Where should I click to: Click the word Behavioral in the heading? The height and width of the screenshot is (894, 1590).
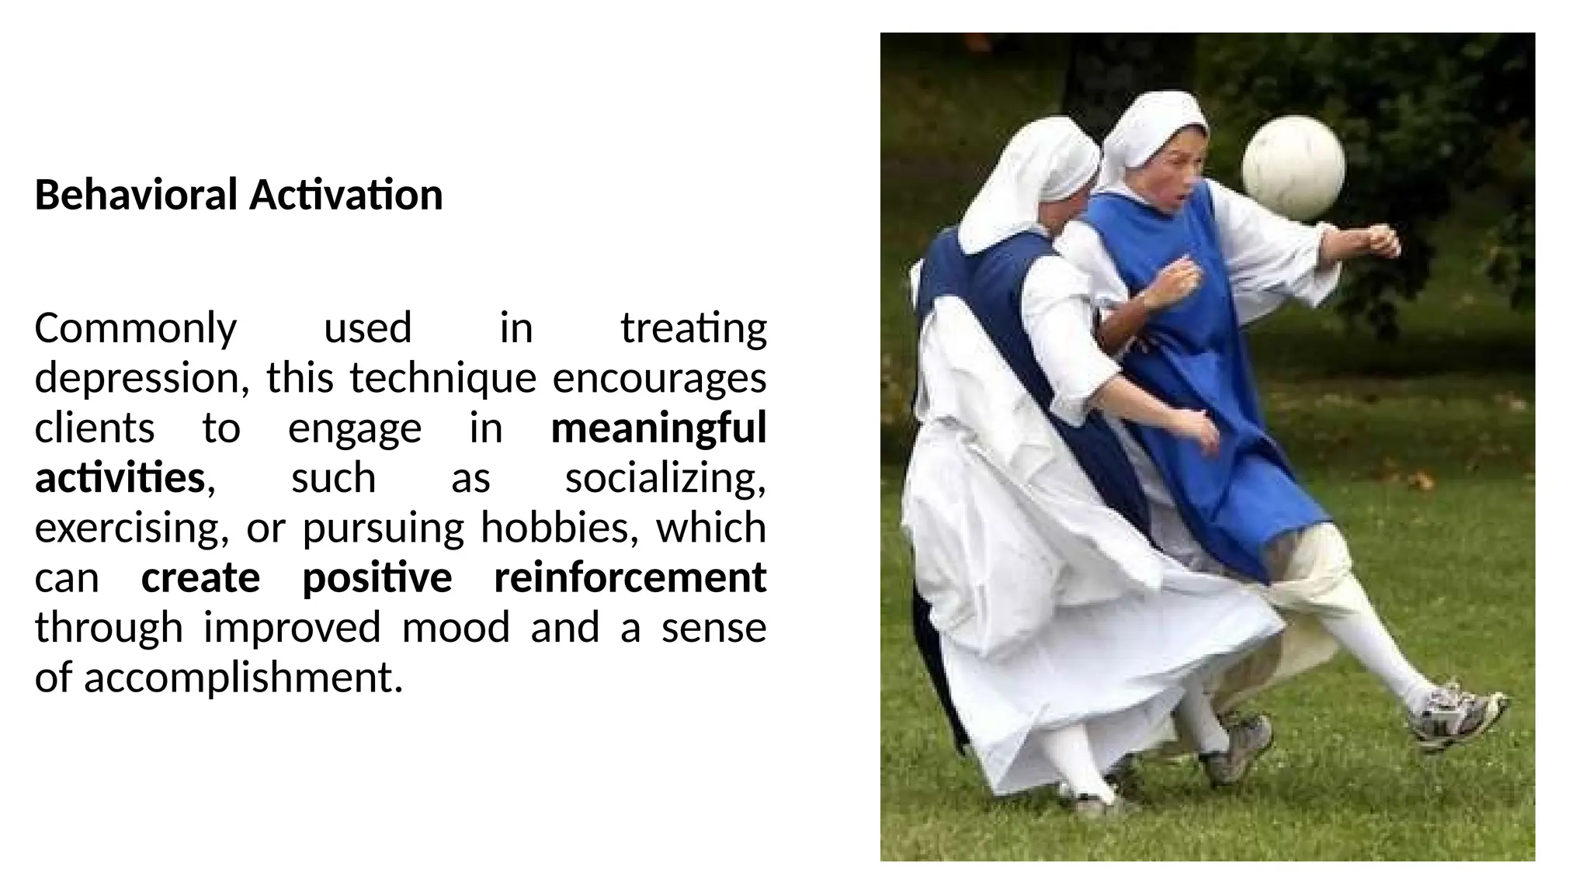[x=136, y=194]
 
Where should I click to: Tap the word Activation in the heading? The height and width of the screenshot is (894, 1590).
[x=345, y=194]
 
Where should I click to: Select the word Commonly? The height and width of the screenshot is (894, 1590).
[x=136, y=328]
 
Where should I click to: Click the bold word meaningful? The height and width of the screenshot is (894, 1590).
[x=658, y=428]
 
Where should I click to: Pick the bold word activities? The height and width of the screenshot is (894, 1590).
[x=120, y=478]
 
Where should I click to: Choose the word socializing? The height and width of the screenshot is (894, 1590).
[x=665, y=478]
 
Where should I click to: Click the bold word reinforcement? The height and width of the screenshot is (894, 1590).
[x=630, y=578]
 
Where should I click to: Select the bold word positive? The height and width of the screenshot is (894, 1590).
[x=377, y=578]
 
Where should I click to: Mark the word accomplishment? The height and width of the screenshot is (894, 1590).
[x=243, y=678]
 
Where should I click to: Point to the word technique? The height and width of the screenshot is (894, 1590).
[x=443, y=379]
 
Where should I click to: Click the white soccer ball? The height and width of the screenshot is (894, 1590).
[x=1293, y=167]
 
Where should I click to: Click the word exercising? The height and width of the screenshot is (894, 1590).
[x=132, y=528]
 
